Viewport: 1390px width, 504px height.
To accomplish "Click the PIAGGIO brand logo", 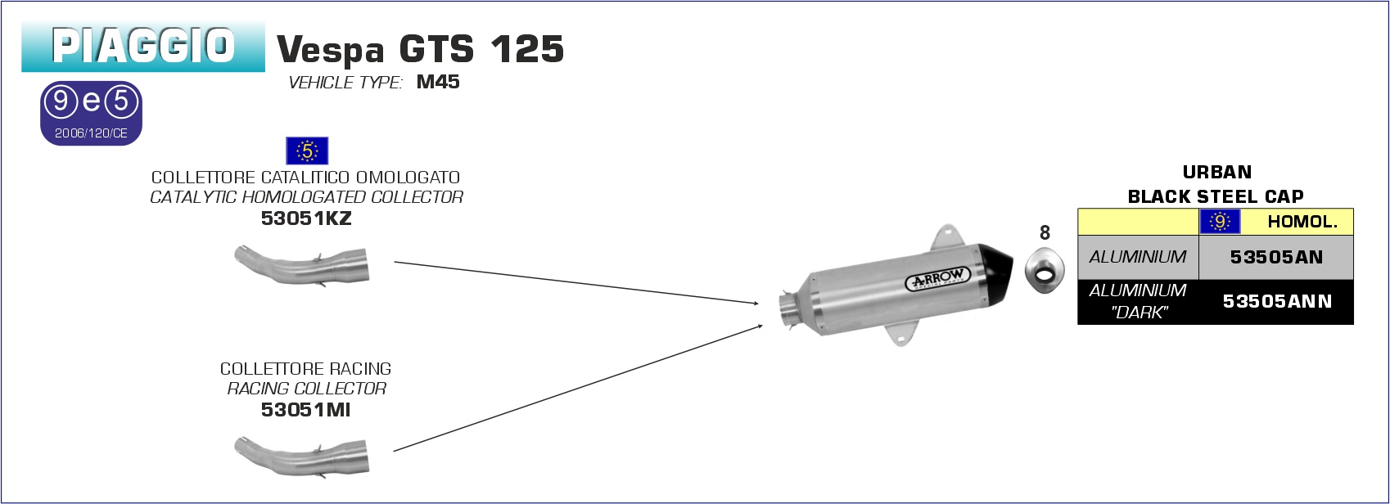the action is pyautogui.click(x=143, y=47).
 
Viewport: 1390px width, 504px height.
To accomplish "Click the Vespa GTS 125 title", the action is pyautogui.click(x=420, y=49).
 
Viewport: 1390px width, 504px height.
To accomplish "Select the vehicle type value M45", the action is pyautogui.click(x=438, y=82).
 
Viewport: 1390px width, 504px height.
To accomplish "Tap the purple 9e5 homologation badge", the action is pyautogui.click(x=91, y=114).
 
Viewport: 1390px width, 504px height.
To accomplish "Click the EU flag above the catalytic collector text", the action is pyautogui.click(x=307, y=151).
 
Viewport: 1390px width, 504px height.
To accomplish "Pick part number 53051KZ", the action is pyautogui.click(x=306, y=218).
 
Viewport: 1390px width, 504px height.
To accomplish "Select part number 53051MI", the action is pyautogui.click(x=306, y=410).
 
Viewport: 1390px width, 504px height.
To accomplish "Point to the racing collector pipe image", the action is pyautogui.click(x=302, y=457).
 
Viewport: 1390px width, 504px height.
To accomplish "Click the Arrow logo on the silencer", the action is pyautogui.click(x=937, y=279).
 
